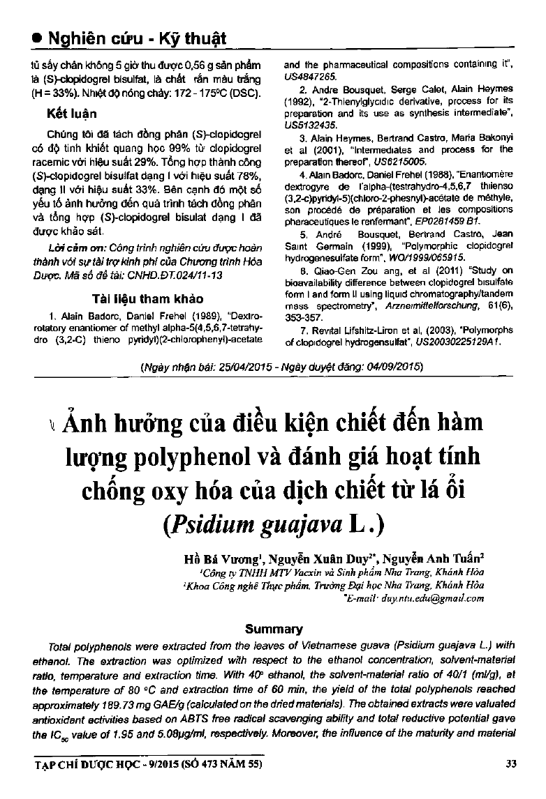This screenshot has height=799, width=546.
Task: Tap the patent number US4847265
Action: (x=309, y=75)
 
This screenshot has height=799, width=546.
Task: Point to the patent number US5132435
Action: (x=309, y=124)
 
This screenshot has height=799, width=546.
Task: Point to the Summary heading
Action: (x=274, y=629)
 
